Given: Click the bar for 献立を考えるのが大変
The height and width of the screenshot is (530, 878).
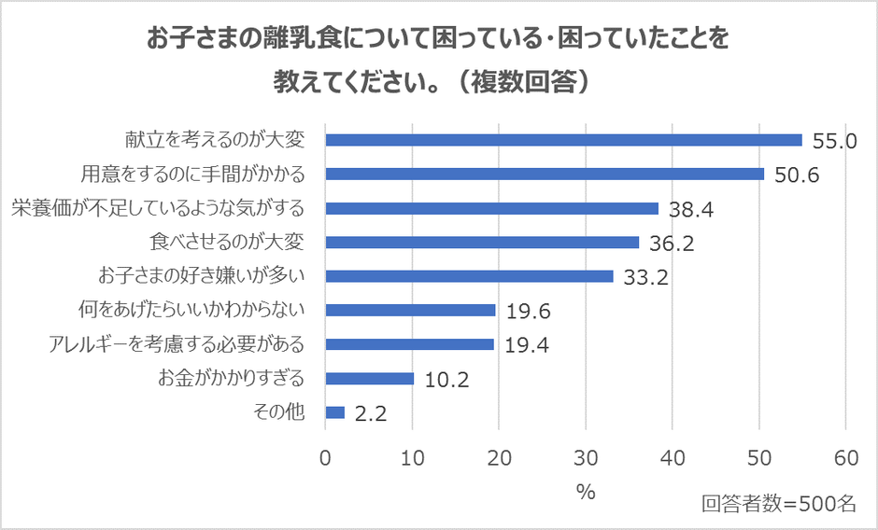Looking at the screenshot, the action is [564, 140].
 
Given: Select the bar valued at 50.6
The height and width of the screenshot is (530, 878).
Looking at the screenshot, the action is [545, 174].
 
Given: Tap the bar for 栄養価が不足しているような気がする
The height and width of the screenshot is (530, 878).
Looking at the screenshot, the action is [492, 208].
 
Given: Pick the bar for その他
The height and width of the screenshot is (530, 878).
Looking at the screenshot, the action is [335, 412].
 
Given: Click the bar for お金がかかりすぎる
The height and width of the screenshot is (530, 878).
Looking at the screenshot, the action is [370, 379].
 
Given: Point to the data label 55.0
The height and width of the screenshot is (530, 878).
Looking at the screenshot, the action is [834, 142].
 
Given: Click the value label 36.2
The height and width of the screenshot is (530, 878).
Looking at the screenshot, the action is [672, 244].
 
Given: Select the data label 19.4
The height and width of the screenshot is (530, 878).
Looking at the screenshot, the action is [527, 345].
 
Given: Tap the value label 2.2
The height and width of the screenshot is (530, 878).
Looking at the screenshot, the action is [371, 414].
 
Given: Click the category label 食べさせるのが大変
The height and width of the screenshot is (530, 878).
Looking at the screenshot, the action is [227, 242].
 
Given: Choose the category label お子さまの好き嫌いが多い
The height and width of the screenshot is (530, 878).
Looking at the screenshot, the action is [202, 276].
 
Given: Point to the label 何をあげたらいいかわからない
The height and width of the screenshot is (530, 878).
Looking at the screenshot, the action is [191, 310].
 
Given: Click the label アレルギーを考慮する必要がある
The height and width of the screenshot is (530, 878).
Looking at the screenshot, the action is [177, 343].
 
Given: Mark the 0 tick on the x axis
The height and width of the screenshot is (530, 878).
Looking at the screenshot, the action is [325, 458].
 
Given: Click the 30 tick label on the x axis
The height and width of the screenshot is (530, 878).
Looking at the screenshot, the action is [586, 458].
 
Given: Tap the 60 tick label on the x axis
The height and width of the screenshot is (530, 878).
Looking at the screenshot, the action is [846, 458].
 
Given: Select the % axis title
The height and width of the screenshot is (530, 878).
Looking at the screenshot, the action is [586, 493].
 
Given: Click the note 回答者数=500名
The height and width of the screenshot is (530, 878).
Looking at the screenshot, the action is [779, 504].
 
